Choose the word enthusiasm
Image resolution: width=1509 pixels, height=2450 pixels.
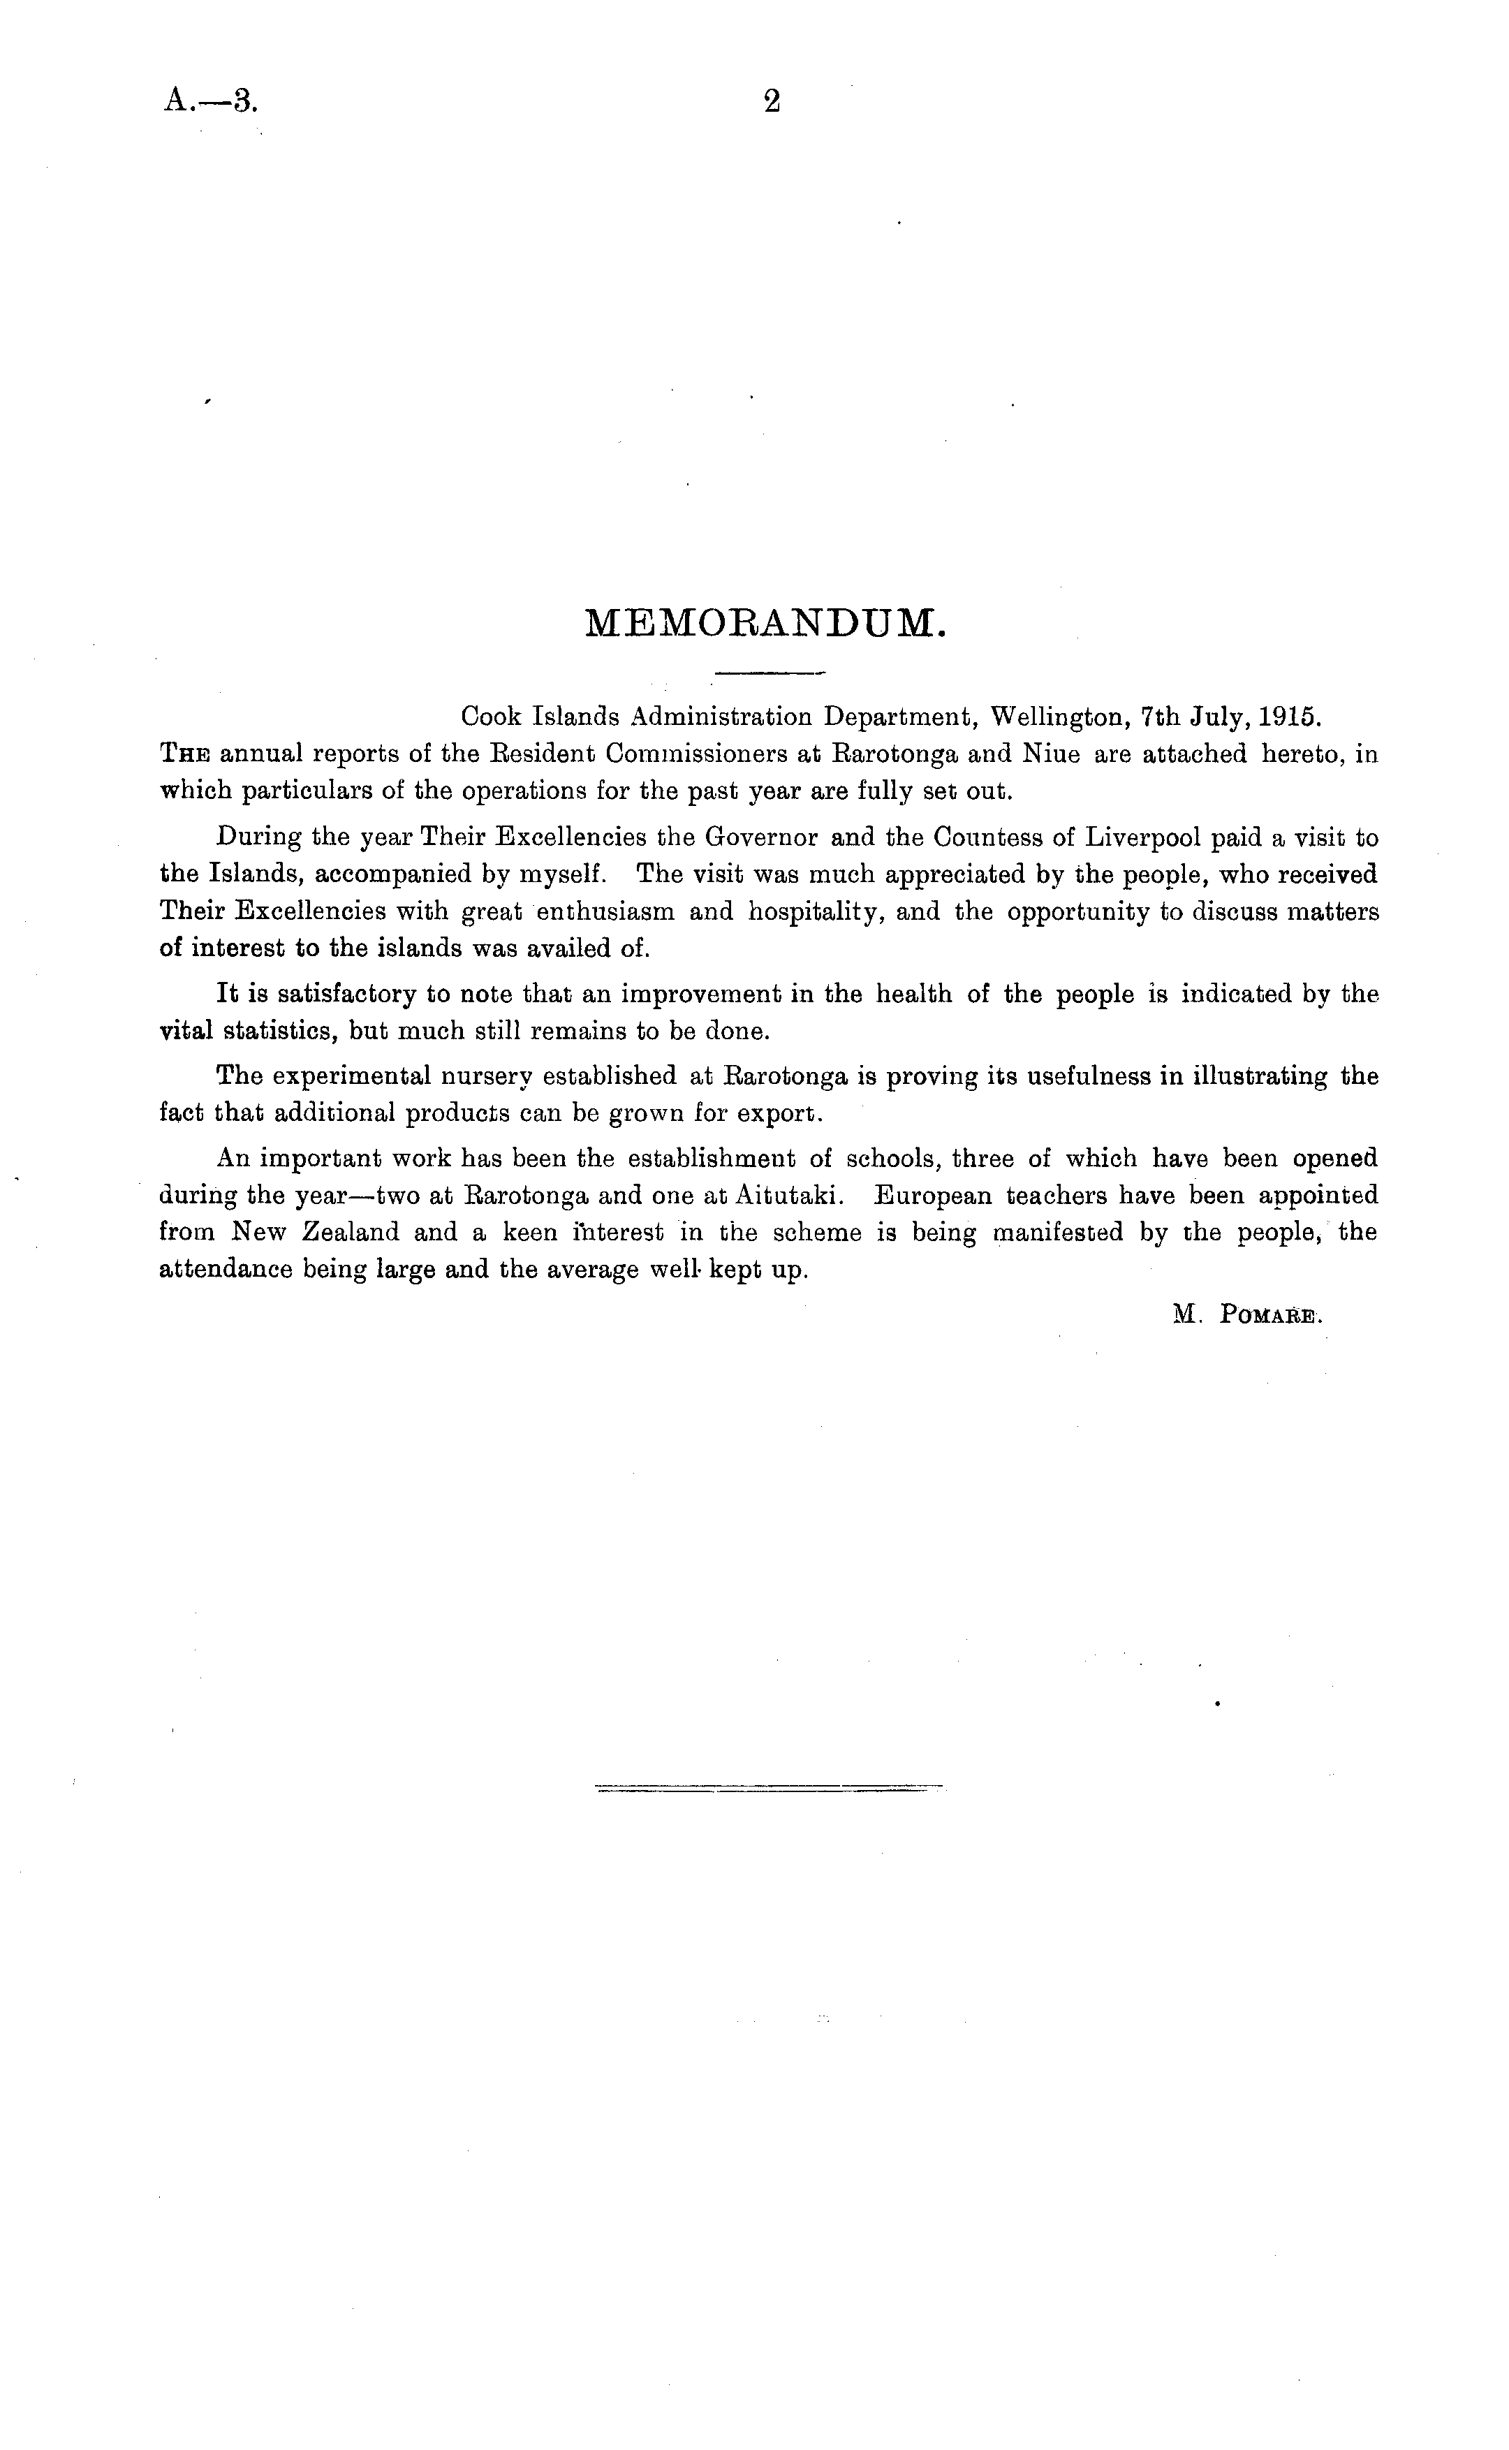[606, 912]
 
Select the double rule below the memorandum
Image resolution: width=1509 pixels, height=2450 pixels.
[769, 1787]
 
